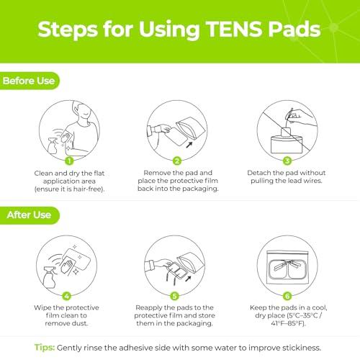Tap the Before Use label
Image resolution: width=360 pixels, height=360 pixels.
[x=28, y=81]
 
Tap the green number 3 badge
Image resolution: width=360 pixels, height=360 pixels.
[x=287, y=162]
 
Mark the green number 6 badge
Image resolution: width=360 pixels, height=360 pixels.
[x=287, y=295]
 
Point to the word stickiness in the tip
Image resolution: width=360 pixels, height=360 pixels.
[x=298, y=346]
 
